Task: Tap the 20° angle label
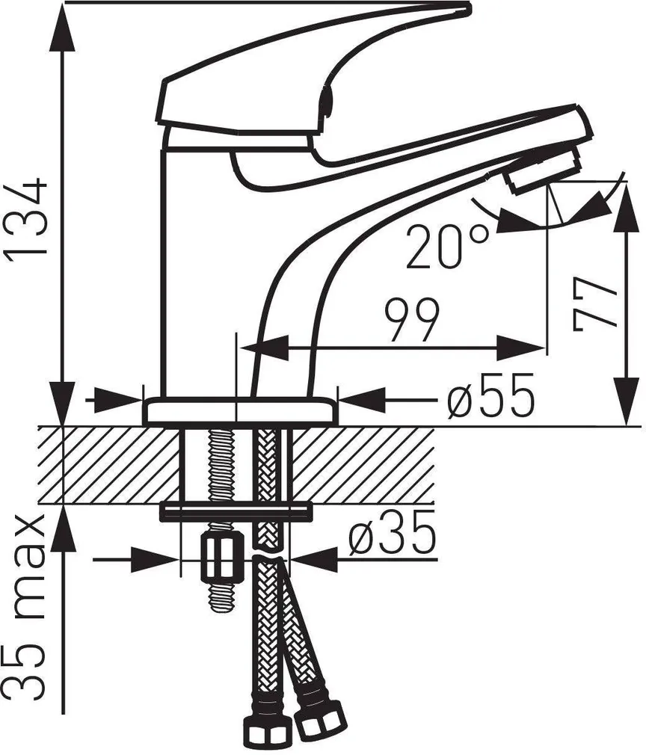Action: [x=446, y=246]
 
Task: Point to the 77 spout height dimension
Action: [x=594, y=304]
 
